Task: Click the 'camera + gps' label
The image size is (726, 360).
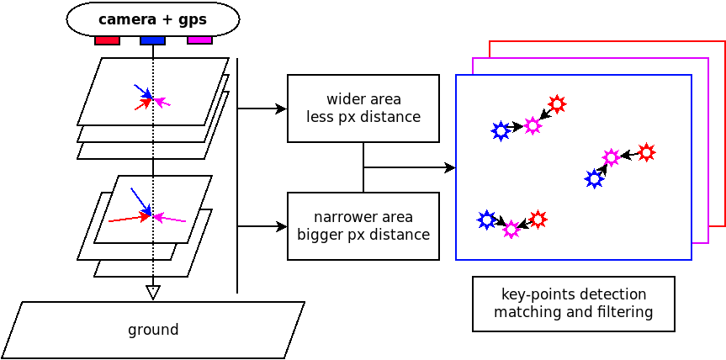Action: click(x=152, y=19)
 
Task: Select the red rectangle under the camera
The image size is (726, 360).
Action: click(x=107, y=40)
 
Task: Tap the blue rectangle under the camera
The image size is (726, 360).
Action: click(x=152, y=40)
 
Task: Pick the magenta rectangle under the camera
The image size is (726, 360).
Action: click(x=199, y=40)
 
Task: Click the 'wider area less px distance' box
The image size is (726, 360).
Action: click(x=363, y=109)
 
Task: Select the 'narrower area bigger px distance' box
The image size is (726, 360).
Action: click(x=363, y=226)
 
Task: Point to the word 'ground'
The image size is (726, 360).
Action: click(x=152, y=330)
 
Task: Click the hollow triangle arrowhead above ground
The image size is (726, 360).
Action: click(x=152, y=293)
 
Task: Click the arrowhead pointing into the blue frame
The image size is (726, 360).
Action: click(x=450, y=167)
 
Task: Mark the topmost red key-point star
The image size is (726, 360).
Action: click(x=557, y=104)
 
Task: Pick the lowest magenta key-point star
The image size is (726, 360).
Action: click(x=511, y=230)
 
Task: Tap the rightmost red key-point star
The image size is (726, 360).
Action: click(x=646, y=152)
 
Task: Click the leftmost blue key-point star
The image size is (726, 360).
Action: click(x=486, y=220)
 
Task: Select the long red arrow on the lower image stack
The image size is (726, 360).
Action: click(x=129, y=219)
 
